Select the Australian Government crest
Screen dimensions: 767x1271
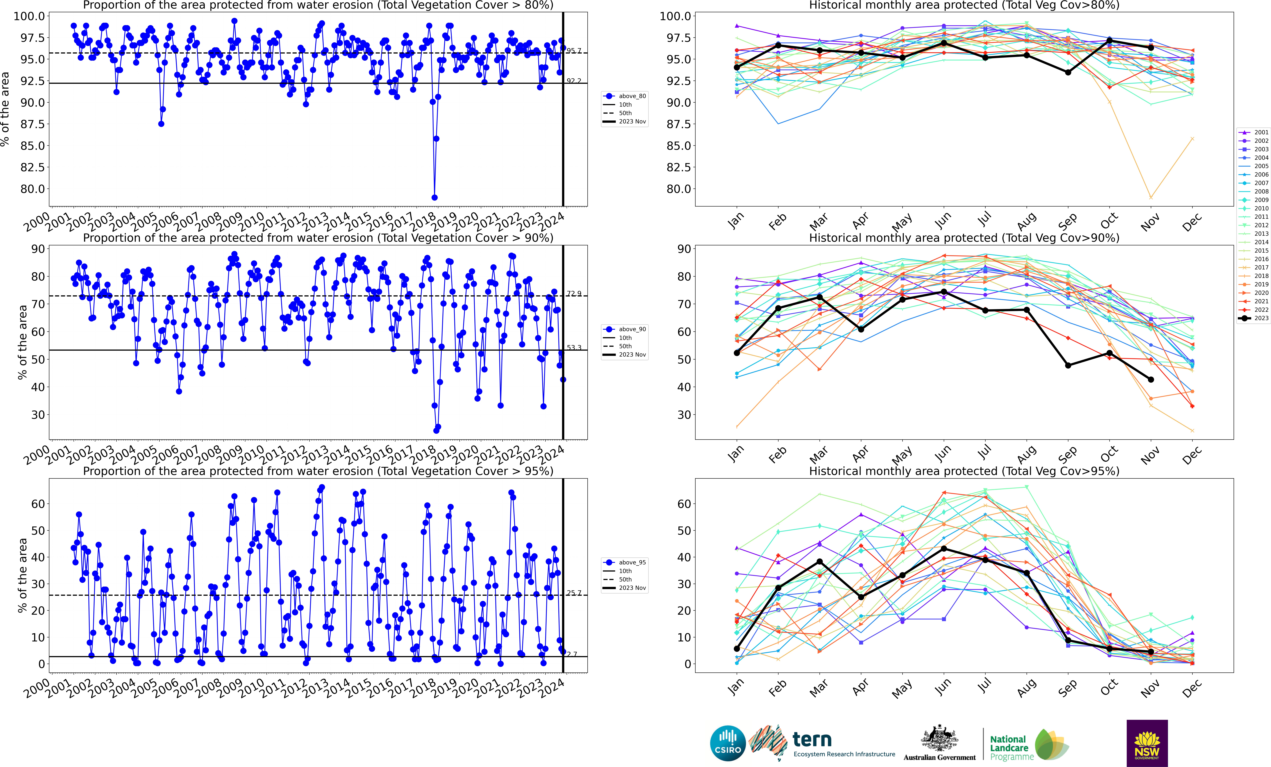click(939, 738)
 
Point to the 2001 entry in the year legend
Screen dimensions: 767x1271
click(1257, 133)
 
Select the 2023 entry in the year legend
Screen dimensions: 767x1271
click(1257, 318)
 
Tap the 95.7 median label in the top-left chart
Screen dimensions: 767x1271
click(574, 51)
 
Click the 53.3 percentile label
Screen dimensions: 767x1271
click(574, 348)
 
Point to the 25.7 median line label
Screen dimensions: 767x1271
click(574, 593)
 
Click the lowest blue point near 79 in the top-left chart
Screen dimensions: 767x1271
click(434, 197)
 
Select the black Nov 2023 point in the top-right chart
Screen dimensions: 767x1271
click(1151, 47)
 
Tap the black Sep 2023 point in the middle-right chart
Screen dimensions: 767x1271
click(1068, 365)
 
